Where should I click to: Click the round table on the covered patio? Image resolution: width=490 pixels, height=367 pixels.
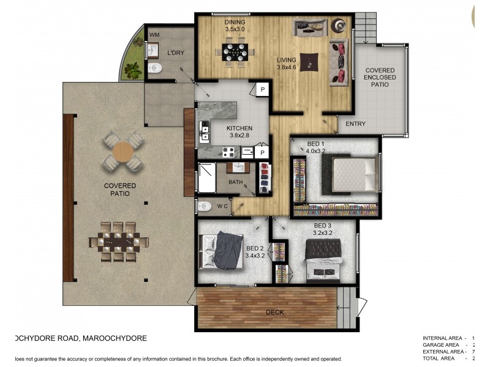pos(124,152)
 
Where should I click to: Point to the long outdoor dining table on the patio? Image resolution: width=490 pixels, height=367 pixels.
pos(120,242)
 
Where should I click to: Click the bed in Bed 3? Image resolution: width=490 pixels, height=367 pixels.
pos(322,258)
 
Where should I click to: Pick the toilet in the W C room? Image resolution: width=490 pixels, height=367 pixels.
pos(206,206)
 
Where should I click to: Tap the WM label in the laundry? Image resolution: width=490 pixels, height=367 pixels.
pos(155,35)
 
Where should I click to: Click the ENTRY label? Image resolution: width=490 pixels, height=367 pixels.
pos(355,124)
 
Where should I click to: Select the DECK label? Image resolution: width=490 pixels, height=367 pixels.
pos(274,313)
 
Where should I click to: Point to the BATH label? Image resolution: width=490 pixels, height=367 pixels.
pos(236,182)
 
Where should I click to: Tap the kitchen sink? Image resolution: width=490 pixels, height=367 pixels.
pos(205,129)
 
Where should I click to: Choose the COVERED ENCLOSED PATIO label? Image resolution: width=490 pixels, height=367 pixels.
pos(380,78)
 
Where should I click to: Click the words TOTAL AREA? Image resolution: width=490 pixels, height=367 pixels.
pos(440,359)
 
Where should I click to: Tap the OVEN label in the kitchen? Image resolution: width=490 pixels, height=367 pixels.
pos(247,150)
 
